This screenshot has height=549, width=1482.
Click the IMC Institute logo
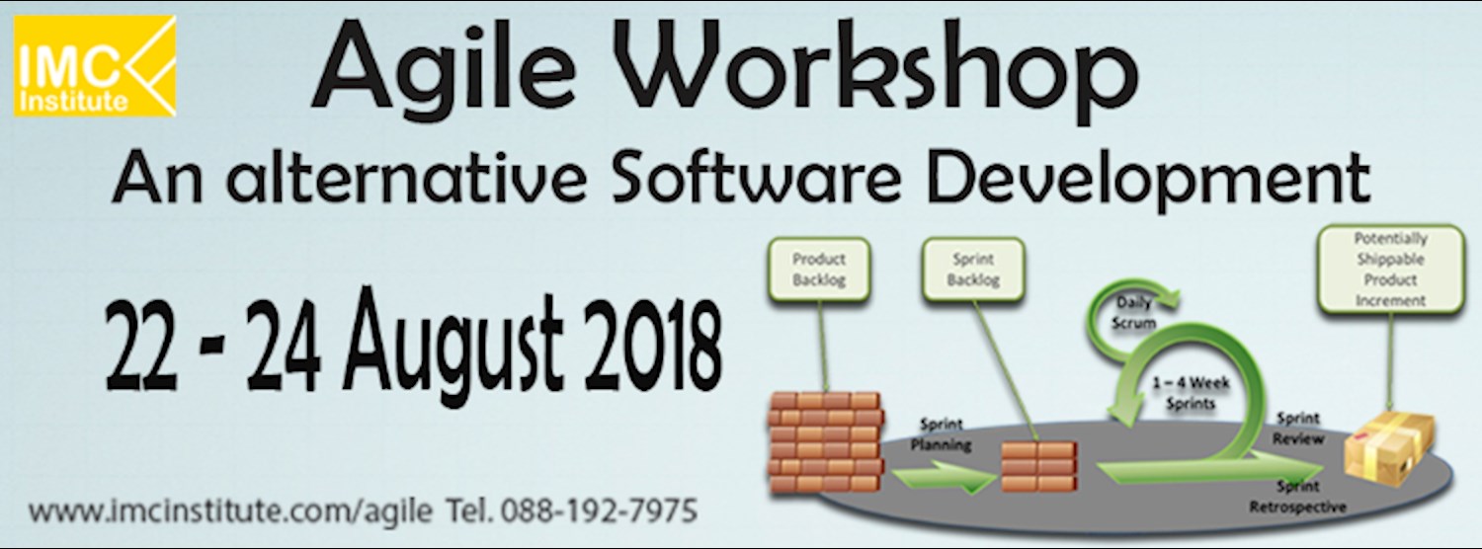(95, 66)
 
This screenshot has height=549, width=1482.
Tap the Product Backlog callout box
(819, 269)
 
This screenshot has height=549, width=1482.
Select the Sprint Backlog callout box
(973, 270)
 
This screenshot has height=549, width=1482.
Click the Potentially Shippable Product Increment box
(1390, 269)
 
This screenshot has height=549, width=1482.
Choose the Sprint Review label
(1298, 429)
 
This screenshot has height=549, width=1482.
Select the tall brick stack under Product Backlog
(824, 442)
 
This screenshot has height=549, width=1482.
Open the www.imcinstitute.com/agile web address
(230, 512)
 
